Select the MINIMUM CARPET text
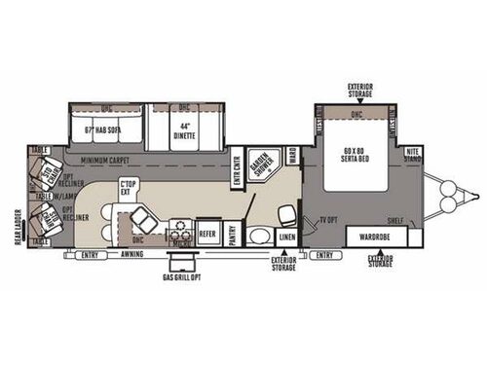click(x=107, y=160)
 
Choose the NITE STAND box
click(x=413, y=153)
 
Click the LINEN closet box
click(x=285, y=237)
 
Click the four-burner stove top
click(x=180, y=230)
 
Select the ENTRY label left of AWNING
click(x=91, y=255)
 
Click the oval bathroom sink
click(x=257, y=235)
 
